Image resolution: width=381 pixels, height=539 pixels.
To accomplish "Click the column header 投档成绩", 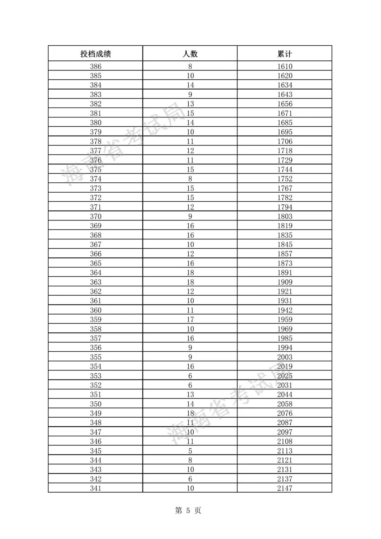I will tap(96, 54).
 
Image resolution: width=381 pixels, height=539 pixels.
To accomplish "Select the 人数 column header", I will tap(190, 54).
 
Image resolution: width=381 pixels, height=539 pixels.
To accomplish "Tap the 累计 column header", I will tap(285, 54).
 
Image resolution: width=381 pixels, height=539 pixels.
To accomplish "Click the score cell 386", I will tap(96, 66).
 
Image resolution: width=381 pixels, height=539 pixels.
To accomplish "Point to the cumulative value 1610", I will tap(285, 66).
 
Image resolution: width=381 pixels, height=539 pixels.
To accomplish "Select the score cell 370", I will tap(96, 216).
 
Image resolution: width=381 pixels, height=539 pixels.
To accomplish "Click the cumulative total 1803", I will tap(285, 216).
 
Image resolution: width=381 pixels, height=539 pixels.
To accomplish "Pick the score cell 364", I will tap(96, 273).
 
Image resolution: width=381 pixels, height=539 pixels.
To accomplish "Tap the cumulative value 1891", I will tap(285, 273).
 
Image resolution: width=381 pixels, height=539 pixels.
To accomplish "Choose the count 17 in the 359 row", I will tap(190, 320).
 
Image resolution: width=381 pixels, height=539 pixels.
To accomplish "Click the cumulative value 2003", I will tap(285, 357).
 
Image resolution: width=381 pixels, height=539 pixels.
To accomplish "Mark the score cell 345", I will tap(96, 451).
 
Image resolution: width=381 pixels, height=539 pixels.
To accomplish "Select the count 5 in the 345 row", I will tap(190, 451).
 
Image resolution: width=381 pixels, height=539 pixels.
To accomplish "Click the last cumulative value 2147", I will tap(285, 488).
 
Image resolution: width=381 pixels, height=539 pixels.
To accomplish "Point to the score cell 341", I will tap(96, 488).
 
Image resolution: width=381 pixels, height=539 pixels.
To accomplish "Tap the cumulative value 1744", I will tap(285, 169).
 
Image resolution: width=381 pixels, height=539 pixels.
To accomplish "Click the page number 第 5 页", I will tap(188, 510).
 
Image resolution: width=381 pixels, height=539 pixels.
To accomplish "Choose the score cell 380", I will tap(96, 122).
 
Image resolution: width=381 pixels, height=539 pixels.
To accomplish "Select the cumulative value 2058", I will tap(285, 404).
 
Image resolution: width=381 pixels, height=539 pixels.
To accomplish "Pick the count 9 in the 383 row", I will tap(190, 95).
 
